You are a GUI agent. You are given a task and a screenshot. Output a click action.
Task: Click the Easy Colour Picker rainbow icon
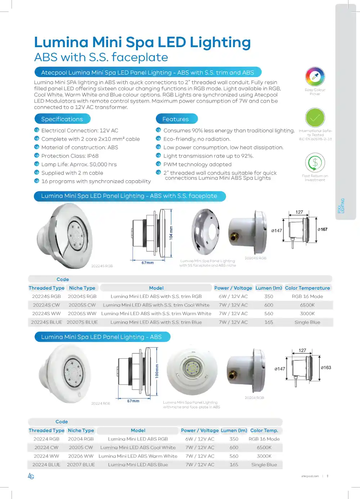[x=315, y=77]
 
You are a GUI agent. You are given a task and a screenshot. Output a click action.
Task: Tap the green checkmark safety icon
[x=315, y=118]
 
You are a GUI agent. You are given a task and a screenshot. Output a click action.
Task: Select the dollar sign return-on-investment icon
[x=315, y=163]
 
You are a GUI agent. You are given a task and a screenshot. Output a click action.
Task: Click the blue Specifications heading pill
[x=62, y=119]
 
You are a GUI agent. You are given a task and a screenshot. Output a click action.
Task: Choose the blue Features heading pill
[x=176, y=119]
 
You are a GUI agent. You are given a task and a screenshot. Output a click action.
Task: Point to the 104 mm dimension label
[x=171, y=233]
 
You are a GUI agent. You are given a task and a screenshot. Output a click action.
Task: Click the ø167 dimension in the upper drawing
[x=323, y=230]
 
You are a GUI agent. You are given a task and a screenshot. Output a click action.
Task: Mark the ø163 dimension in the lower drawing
[x=326, y=368]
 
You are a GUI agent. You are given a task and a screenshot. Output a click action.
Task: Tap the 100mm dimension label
[x=157, y=371]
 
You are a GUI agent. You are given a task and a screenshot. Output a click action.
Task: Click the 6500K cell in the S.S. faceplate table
[x=307, y=305]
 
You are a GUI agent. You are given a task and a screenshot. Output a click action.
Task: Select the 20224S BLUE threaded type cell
[x=46, y=322]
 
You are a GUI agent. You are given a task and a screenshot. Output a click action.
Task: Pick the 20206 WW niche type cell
[x=81, y=456]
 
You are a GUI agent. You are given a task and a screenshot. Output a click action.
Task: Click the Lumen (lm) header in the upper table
[x=269, y=288]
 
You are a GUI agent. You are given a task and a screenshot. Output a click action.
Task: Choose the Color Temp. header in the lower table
[x=264, y=431]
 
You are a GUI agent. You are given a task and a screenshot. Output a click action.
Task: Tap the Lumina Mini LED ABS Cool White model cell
[x=138, y=448]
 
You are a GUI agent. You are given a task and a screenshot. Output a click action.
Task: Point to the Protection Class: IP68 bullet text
[x=70, y=156]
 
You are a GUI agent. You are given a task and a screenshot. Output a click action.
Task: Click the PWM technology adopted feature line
[x=197, y=164]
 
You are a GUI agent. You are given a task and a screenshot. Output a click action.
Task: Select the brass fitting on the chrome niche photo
[x=234, y=237]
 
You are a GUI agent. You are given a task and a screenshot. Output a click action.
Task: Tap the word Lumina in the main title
[x=61, y=42]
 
